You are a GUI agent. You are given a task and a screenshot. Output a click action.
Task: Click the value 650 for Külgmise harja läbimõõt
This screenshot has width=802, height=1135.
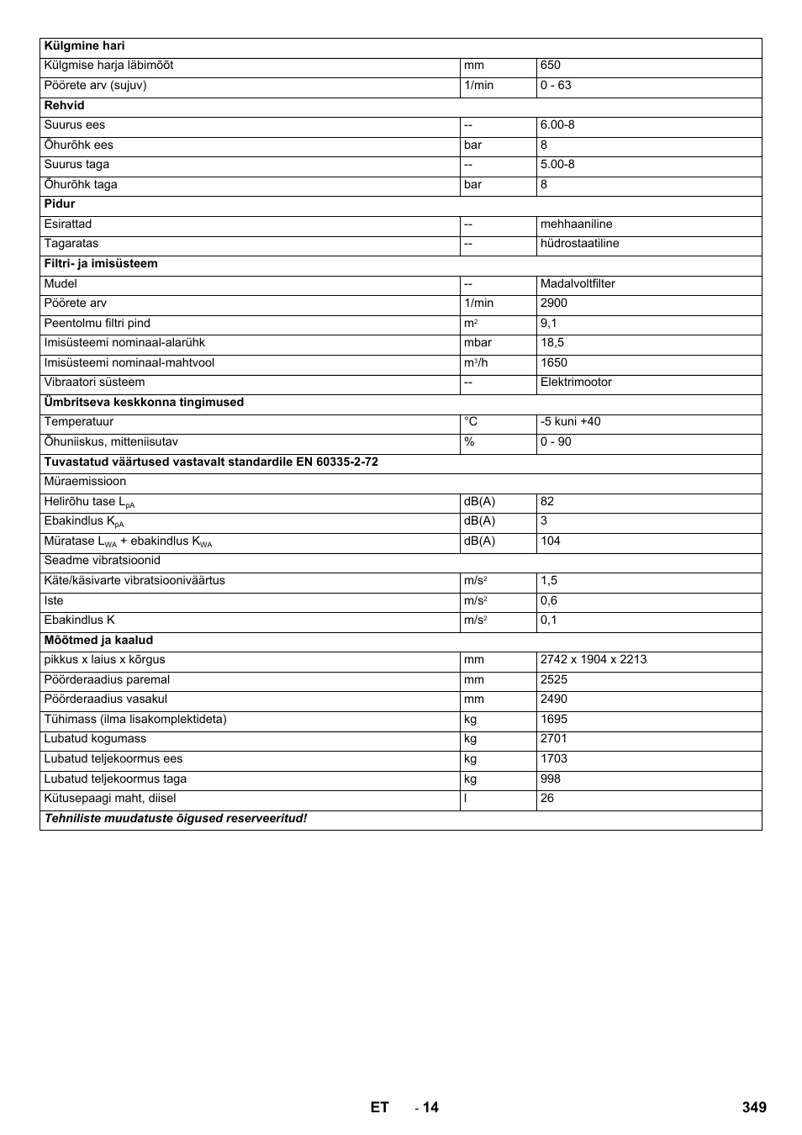(x=551, y=66)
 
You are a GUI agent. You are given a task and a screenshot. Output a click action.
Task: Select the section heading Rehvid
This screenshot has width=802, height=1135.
(x=65, y=106)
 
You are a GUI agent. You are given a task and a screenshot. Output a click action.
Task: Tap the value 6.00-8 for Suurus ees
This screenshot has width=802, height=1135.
(x=557, y=125)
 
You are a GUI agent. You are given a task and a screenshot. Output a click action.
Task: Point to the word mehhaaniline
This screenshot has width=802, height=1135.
(x=576, y=224)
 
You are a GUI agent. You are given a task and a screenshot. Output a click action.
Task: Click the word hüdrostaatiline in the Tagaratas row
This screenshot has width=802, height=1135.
(x=579, y=244)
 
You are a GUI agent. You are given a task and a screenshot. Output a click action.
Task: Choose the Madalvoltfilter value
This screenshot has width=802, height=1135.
(x=578, y=284)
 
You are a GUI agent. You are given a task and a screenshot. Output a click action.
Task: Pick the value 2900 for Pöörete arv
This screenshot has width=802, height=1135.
(x=554, y=304)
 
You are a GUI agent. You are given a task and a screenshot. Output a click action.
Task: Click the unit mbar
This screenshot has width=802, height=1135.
(x=478, y=343)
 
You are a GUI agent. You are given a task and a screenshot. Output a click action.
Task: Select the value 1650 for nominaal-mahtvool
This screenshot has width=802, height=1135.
(x=554, y=363)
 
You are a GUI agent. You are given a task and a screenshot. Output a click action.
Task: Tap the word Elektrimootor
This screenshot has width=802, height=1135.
(x=576, y=383)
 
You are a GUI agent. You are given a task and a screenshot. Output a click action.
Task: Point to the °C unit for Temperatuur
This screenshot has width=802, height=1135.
(x=471, y=422)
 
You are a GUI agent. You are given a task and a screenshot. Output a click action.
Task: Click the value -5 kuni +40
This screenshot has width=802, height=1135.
(x=571, y=422)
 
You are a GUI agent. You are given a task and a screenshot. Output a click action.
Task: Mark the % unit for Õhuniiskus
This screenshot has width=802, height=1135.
(x=469, y=442)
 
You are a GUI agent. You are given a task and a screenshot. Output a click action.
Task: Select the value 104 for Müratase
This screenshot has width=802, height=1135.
(x=551, y=541)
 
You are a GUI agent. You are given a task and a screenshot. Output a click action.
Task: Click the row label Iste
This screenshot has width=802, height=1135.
(x=54, y=601)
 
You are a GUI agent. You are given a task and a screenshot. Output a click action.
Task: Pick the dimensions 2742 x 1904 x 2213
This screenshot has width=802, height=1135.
(x=594, y=660)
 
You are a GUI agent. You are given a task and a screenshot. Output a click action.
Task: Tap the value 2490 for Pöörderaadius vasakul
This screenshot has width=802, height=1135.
(x=554, y=699)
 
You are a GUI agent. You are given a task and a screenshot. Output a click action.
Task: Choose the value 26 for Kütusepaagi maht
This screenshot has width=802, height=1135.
(x=547, y=799)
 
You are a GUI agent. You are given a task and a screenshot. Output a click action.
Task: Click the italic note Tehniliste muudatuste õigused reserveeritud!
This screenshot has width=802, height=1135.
(x=176, y=819)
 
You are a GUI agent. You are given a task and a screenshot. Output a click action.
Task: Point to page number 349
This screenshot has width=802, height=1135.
(x=754, y=1107)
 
